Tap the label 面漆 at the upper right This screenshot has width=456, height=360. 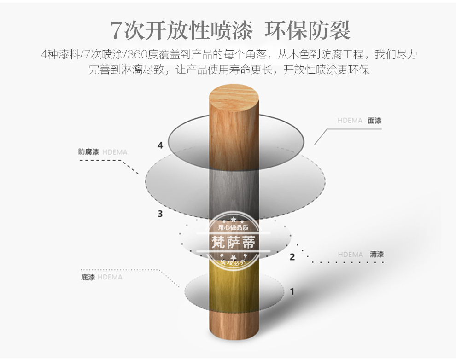374,121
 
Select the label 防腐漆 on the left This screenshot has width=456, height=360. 88,151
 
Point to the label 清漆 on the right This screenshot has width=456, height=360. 376,254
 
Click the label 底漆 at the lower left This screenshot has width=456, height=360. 88,277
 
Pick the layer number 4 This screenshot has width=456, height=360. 160,145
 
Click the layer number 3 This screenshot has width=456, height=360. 160,214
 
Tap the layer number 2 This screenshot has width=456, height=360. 292,257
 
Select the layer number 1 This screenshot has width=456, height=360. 292,291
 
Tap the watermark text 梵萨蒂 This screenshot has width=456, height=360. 233,242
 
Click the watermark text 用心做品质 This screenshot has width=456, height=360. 233,227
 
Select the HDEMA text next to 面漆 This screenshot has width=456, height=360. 350,121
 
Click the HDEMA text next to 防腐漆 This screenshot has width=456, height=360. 115,151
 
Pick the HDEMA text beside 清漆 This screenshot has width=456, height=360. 351,255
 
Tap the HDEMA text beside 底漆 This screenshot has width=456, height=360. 110,277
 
